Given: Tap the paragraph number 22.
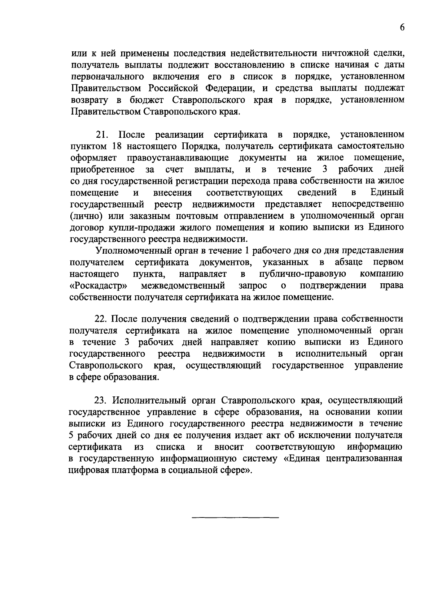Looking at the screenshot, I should (100, 319).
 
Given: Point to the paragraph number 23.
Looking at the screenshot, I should (101, 400).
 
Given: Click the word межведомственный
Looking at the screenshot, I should (183, 285).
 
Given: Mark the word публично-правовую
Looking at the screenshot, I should (303, 274).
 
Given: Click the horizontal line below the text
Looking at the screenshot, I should (235, 518).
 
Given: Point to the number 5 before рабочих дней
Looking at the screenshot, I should (71, 435).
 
